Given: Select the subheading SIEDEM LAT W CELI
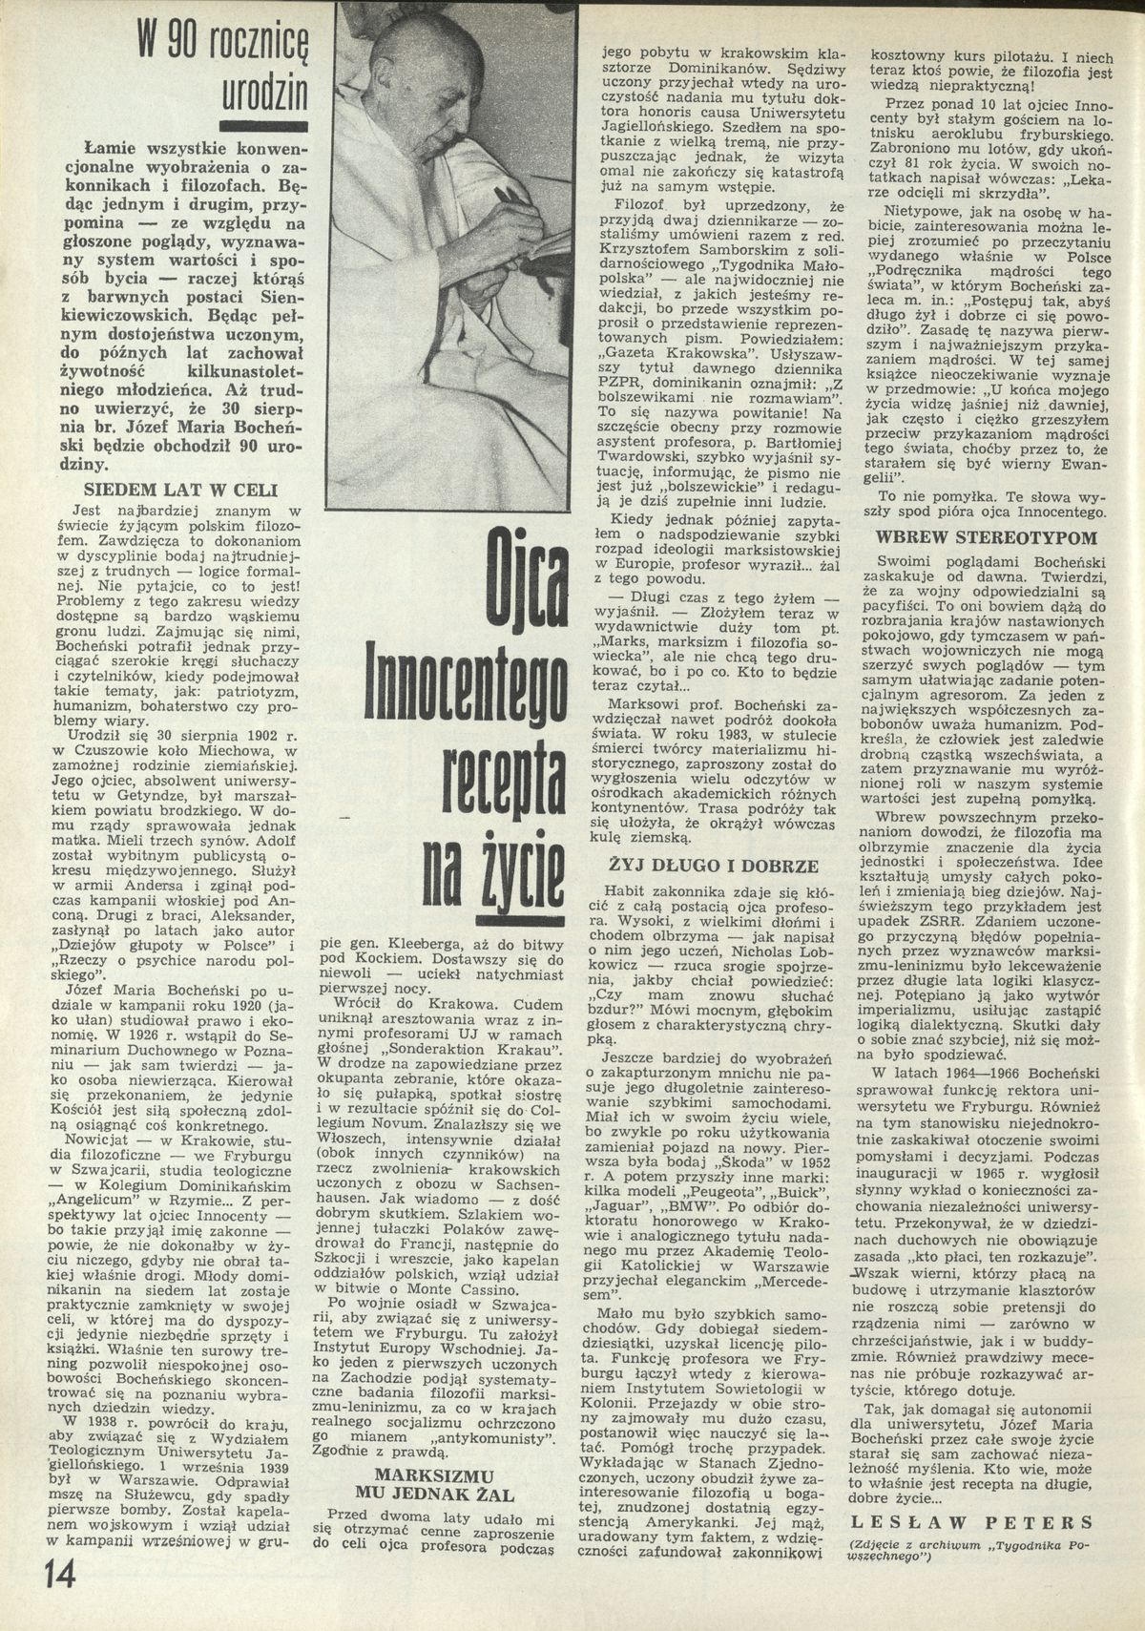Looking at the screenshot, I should [x=181, y=491].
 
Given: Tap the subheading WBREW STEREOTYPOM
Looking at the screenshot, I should [x=986, y=537].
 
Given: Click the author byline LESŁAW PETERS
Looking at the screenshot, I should [x=970, y=1522].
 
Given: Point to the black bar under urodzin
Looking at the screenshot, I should [x=263, y=124].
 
